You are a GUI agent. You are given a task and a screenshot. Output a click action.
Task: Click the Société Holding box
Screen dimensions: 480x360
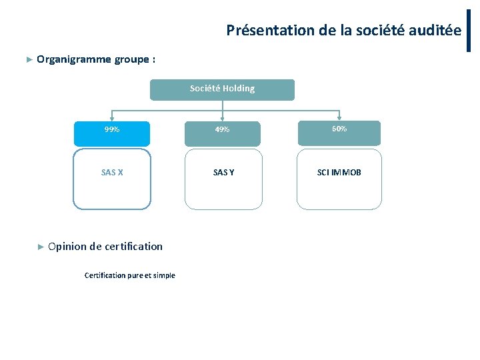(x=222, y=89)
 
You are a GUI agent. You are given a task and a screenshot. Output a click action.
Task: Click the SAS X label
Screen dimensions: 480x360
(x=112, y=173)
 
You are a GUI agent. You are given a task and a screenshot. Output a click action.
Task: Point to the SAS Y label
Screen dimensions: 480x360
(x=223, y=173)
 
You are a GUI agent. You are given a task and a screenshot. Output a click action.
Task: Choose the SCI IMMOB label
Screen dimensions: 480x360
(x=339, y=173)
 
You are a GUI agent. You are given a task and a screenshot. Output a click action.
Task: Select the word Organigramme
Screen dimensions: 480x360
(x=74, y=59)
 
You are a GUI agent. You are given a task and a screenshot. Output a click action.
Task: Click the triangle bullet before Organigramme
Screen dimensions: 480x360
(x=29, y=59)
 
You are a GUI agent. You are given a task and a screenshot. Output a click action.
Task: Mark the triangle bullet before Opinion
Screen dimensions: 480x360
(x=41, y=247)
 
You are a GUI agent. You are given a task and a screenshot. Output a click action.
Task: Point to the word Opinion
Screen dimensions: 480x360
(x=67, y=247)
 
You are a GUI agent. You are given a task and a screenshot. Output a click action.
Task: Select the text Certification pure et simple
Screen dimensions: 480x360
(x=130, y=275)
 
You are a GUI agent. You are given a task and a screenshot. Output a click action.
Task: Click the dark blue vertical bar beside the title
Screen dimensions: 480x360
(x=469, y=30)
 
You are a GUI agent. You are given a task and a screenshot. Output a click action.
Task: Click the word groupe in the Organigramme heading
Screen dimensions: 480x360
(x=131, y=59)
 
